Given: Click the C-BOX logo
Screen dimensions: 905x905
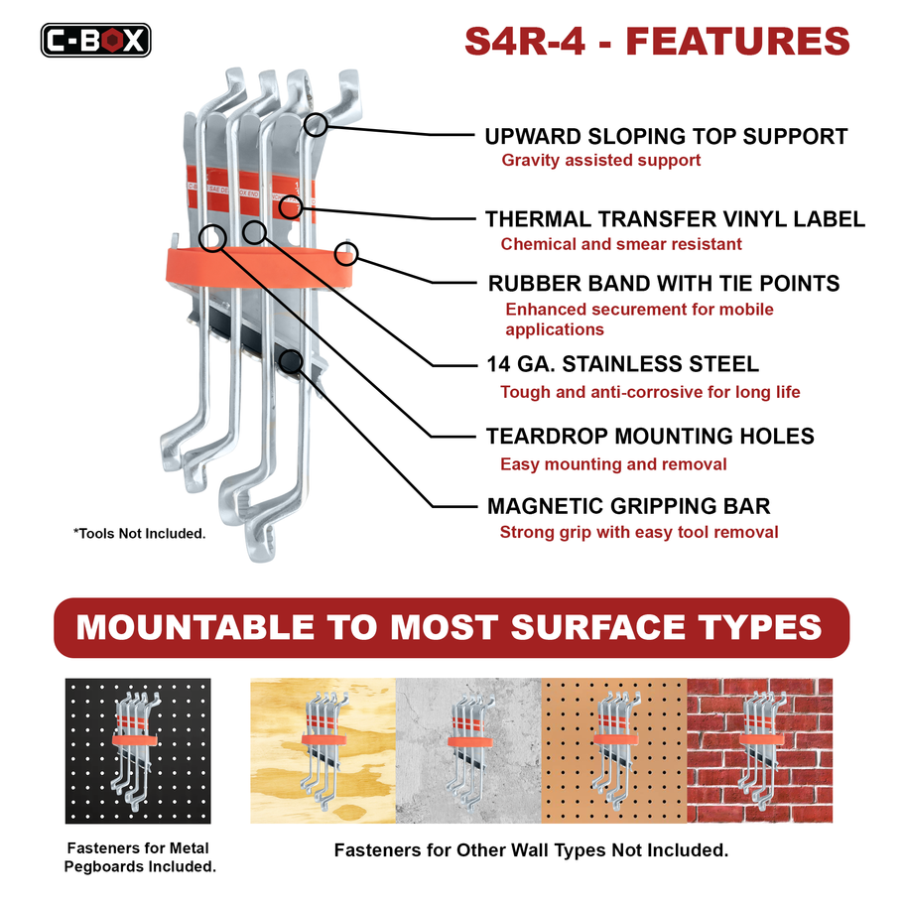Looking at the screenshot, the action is [x=95, y=40].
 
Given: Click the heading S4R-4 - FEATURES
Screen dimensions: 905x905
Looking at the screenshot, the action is [x=657, y=41].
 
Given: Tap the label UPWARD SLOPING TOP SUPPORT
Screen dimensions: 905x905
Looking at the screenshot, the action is [x=666, y=136].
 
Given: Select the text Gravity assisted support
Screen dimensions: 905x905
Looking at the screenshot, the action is [x=600, y=160].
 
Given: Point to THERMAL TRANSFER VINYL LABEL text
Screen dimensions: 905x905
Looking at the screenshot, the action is [x=675, y=219].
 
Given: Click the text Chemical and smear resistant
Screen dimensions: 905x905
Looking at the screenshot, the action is [x=621, y=244].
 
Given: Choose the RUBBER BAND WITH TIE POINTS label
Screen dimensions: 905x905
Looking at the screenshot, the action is [x=664, y=283].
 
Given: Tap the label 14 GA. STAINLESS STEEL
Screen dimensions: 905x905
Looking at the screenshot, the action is [x=622, y=364].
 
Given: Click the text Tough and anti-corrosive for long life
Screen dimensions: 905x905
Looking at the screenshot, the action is [x=650, y=392].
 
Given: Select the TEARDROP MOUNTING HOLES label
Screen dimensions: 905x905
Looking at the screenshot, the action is [x=650, y=437].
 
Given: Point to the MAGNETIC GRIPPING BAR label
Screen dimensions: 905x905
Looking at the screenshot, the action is [x=628, y=507].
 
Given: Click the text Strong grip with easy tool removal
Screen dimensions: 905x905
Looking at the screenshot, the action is [x=639, y=532].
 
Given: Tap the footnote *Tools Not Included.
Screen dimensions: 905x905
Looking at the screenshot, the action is [x=139, y=534].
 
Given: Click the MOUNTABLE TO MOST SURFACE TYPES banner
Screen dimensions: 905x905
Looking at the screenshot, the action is [x=452, y=627].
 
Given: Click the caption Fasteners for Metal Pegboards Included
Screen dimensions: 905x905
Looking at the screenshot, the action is [x=140, y=857].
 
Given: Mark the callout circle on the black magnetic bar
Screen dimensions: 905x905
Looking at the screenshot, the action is [x=290, y=361].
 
